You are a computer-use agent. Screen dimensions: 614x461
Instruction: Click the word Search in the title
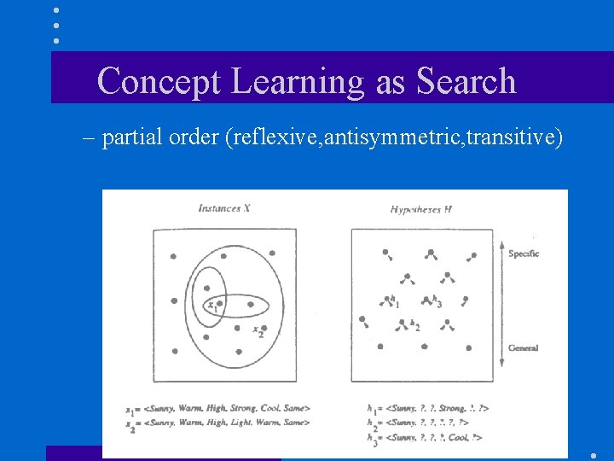tap(466, 81)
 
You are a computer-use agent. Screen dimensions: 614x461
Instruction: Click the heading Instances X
tap(223, 208)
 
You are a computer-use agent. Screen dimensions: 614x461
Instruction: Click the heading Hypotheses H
tap(420, 208)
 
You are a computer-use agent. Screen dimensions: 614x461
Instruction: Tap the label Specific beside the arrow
tap(524, 254)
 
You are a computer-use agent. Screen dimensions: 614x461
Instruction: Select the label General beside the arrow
tap(523, 348)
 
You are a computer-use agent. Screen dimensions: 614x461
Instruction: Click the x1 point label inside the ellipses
tap(211, 305)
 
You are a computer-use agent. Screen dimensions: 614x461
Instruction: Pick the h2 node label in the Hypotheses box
tap(415, 325)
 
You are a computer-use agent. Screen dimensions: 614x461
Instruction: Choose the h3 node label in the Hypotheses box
tap(437, 302)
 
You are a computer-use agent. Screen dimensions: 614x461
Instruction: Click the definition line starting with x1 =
tap(217, 409)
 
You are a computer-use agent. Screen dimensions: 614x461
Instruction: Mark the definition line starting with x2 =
tap(217, 422)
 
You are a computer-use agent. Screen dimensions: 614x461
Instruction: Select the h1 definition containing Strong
tap(426, 409)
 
